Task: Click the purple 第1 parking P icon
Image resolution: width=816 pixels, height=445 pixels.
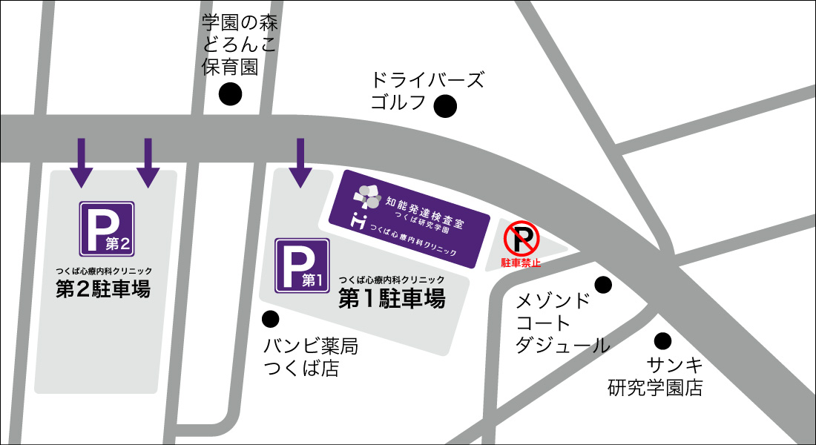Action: (302, 265)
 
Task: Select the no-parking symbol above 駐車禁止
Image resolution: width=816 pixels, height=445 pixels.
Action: (521, 240)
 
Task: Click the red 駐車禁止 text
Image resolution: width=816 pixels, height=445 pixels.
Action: (521, 262)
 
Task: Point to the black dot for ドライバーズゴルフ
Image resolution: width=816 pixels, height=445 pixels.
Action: (445, 107)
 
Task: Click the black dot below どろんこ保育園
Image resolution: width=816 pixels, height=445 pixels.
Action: (231, 94)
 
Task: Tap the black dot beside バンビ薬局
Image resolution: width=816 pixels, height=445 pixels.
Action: (271, 319)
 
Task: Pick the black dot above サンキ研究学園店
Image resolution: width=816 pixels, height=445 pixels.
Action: (662, 341)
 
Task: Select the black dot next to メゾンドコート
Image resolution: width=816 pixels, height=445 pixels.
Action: (603, 284)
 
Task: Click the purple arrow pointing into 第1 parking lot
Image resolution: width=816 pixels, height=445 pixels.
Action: (300, 162)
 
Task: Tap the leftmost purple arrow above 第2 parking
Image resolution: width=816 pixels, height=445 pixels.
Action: (82, 162)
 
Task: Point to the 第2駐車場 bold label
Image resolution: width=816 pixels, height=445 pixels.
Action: (104, 289)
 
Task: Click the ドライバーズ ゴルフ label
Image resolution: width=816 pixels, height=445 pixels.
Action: (427, 90)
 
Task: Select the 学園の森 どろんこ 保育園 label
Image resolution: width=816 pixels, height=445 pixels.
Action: (239, 44)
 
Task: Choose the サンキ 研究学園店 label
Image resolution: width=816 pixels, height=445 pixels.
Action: (655, 376)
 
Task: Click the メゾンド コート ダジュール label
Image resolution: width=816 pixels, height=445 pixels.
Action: (562, 323)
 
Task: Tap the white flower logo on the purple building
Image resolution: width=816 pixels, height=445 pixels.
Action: (366, 196)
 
